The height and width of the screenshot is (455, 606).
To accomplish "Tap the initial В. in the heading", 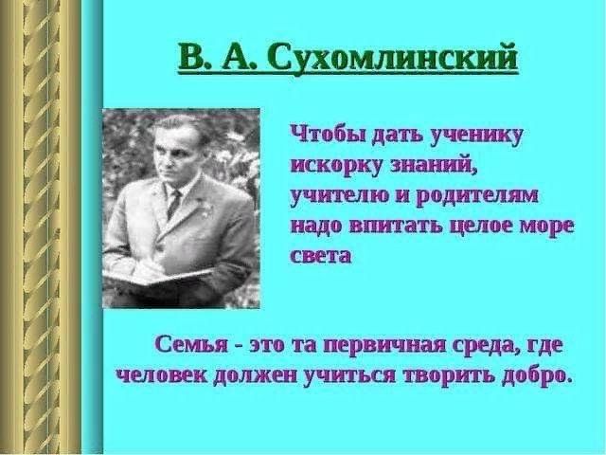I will click(x=191, y=58).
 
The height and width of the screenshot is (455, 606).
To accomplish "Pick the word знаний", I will click(x=433, y=164).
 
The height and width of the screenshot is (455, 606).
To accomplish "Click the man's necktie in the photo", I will click(x=173, y=203).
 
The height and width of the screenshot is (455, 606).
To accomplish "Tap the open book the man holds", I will click(x=156, y=278).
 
